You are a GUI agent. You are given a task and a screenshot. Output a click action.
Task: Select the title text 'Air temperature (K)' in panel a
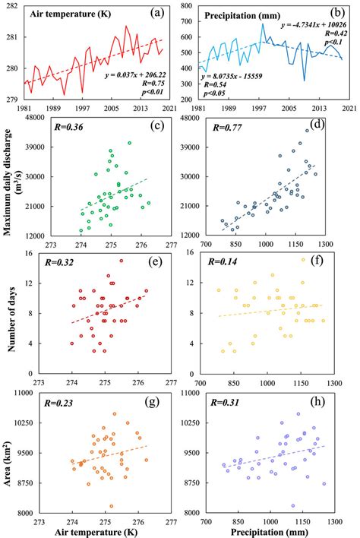(67, 14)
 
